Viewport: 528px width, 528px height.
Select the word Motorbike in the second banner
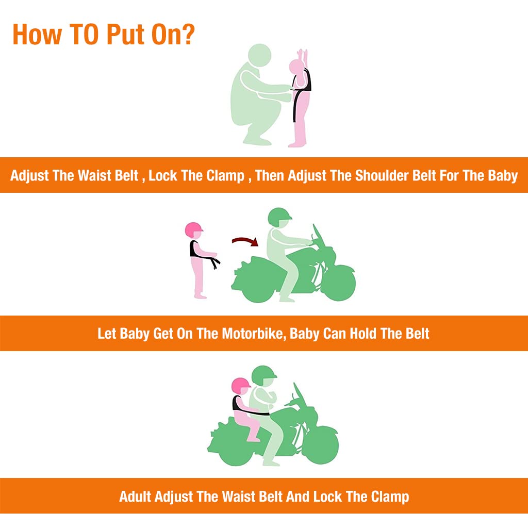tap(254, 334)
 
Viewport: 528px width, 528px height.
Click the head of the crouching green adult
tap(259, 56)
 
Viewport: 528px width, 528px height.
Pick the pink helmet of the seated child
tap(241, 386)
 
